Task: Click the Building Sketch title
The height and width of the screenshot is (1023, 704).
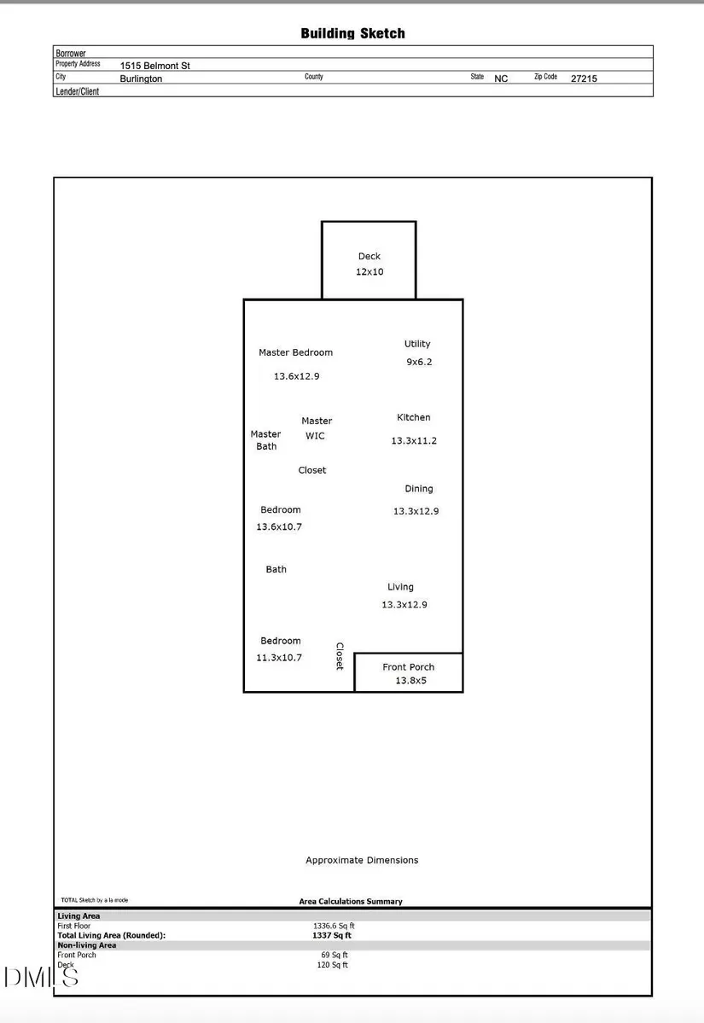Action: coord(352,33)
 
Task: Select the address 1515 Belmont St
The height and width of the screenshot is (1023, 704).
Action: coord(154,66)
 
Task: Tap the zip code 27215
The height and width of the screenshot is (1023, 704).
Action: coord(584,78)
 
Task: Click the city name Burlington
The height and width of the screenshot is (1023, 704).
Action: coord(141,79)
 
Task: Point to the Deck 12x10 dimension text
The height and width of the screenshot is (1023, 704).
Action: coord(369,272)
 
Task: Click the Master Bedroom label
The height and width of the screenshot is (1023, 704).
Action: coord(295,352)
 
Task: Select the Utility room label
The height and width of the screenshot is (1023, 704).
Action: coord(417,344)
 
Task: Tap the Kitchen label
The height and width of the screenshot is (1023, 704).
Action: coord(414,417)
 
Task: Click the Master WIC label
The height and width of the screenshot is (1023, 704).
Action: coord(317,428)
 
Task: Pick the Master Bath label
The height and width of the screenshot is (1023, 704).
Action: coord(265,440)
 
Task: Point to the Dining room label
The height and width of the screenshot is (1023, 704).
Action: coord(419,489)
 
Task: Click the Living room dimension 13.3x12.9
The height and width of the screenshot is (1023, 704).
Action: coord(404,605)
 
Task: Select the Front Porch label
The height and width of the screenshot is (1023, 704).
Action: coord(409,666)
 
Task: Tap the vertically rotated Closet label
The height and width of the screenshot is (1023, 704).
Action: coord(340,655)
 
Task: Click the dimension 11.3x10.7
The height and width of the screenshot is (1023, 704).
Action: coord(279,658)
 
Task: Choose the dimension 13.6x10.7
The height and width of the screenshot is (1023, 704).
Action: coord(279,526)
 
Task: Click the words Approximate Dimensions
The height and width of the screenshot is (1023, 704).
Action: coord(362,861)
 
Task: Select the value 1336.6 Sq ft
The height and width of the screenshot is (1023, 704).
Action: coord(334,926)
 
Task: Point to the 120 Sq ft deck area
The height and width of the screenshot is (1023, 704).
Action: coord(333,965)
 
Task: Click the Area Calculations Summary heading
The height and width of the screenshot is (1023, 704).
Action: coord(351,902)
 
